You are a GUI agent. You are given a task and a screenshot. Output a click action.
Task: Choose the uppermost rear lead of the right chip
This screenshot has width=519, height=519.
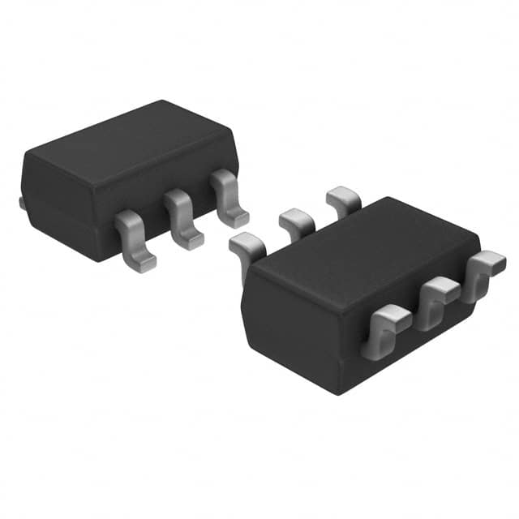coord(343,199)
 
